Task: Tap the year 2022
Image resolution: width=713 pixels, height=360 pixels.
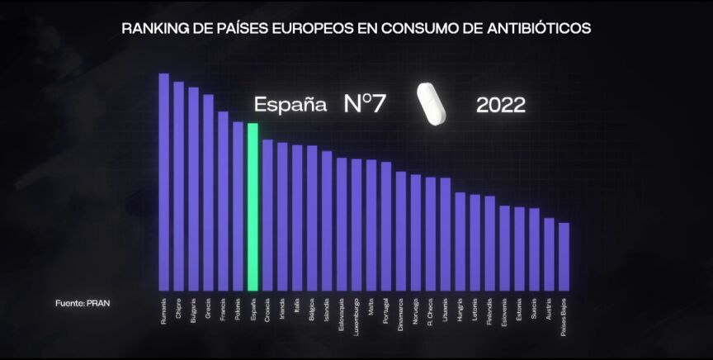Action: click(x=501, y=106)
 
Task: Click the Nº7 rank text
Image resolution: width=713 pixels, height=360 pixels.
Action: click(x=365, y=105)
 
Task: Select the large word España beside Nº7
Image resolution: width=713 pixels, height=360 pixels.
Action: click(x=286, y=106)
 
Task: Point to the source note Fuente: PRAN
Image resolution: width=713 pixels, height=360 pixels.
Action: click(x=83, y=303)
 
